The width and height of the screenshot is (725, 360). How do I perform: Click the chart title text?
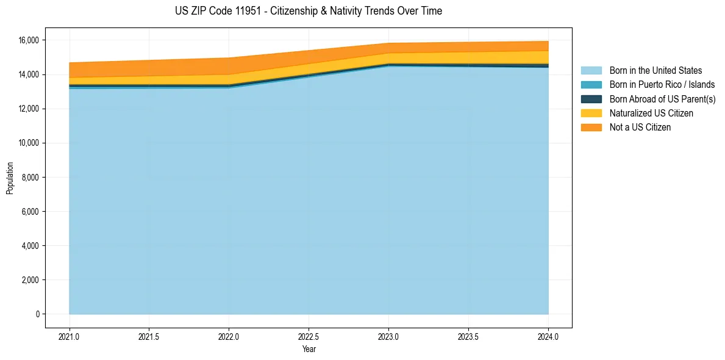click(308, 11)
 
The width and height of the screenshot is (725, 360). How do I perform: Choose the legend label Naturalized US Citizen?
click(651, 113)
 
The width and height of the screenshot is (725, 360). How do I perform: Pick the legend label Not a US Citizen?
click(640, 128)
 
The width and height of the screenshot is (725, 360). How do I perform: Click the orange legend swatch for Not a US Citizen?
click(591, 128)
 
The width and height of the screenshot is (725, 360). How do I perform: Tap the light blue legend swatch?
click(591, 71)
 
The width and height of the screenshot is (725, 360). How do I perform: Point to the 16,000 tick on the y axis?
click(29, 40)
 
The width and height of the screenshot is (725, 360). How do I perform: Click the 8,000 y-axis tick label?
click(30, 178)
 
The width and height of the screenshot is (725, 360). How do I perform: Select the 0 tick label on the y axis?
click(37, 314)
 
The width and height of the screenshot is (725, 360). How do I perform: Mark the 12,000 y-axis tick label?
click(29, 109)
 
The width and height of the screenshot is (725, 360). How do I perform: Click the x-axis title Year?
click(309, 349)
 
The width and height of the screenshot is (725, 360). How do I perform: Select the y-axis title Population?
click(10, 178)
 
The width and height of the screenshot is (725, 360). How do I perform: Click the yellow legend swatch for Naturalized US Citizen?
click(591, 113)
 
